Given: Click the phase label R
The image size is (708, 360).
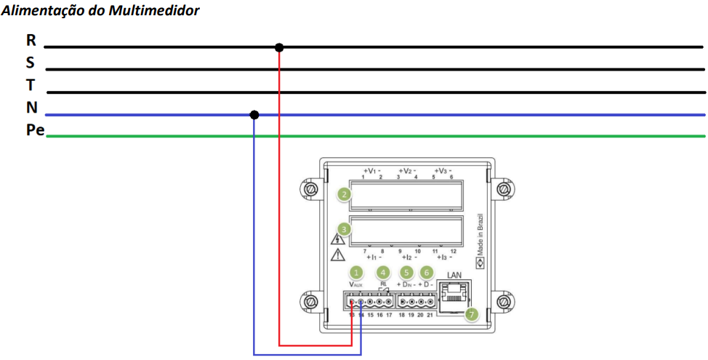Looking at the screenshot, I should click(x=31, y=40).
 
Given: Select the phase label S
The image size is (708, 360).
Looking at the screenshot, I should click(x=31, y=63).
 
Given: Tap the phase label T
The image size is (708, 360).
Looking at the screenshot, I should click(x=31, y=84).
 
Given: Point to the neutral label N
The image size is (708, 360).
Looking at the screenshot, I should click(x=31, y=108).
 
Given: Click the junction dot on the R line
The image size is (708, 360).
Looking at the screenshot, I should click(x=279, y=48).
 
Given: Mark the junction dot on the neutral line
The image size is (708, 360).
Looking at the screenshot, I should click(x=254, y=115).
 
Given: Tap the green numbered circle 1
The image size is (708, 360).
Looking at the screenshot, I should click(x=356, y=272).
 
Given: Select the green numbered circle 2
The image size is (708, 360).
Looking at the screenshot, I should click(x=343, y=194).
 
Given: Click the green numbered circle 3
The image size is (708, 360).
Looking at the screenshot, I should click(x=343, y=229).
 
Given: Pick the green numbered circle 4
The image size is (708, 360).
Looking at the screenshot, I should click(x=383, y=272).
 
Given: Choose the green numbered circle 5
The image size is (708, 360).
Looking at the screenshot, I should click(x=406, y=272).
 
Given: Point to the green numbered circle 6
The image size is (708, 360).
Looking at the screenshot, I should click(x=427, y=272).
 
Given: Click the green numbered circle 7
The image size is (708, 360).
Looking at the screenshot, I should click(x=471, y=314).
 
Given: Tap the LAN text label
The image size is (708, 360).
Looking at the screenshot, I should click(x=454, y=274).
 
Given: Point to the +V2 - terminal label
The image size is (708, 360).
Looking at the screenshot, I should click(x=406, y=171).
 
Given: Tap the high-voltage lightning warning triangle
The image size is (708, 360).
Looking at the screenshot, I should click(x=337, y=239).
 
